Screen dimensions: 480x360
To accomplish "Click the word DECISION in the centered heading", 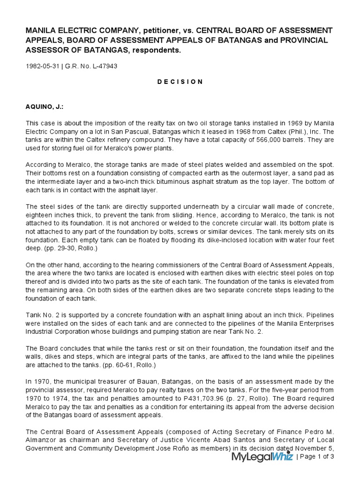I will pyautogui.click(x=180, y=82).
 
